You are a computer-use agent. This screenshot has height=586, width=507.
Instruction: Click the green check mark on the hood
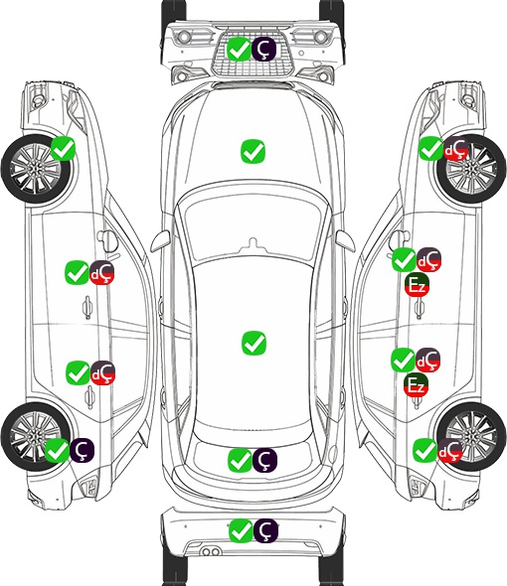(x=253, y=151)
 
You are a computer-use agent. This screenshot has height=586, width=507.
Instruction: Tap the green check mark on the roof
(x=253, y=343)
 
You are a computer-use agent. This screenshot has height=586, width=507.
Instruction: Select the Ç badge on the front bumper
(x=263, y=49)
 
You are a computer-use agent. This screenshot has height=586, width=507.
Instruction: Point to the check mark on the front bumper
(x=239, y=49)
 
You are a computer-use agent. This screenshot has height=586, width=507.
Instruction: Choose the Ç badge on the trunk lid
(x=264, y=460)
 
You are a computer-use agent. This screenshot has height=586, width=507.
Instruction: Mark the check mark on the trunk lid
(x=240, y=460)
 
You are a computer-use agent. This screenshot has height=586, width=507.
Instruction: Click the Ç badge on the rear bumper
(x=265, y=530)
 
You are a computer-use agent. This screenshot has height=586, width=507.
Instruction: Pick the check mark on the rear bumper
(x=241, y=530)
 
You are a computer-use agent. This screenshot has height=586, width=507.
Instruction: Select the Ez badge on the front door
(x=417, y=285)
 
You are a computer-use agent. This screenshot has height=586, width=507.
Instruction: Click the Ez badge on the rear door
(x=416, y=384)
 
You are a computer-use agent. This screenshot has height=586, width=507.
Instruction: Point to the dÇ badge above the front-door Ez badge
(x=428, y=260)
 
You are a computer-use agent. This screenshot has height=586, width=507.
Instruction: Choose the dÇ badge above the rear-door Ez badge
(x=427, y=360)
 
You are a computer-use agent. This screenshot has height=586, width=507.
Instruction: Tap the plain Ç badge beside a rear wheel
(x=82, y=450)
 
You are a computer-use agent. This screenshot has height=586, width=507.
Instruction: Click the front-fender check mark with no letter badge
(x=63, y=148)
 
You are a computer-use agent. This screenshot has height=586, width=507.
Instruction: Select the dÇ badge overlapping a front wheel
(x=455, y=149)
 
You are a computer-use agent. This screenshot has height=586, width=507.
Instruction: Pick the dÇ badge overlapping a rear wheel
(x=450, y=450)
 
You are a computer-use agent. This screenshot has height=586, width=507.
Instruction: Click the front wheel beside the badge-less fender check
(x=37, y=169)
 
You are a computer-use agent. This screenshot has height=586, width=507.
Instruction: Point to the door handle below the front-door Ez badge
(x=420, y=308)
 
